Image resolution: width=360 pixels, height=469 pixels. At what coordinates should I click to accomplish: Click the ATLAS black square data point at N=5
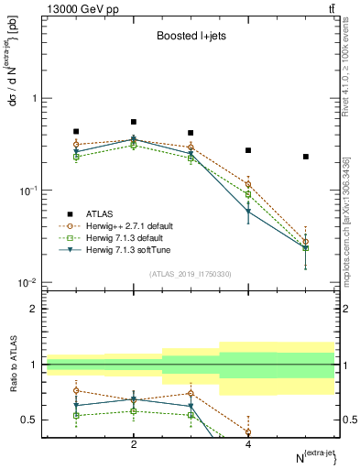pos(306,157)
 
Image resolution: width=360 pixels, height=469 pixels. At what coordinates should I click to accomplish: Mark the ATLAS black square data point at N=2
pos(134,122)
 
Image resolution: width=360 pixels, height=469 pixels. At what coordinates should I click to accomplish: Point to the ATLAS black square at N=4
pos(248,150)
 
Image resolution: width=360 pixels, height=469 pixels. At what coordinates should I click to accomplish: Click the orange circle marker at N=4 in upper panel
pos(248,184)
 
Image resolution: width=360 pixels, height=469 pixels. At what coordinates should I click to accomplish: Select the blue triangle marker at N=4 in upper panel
pos(248,212)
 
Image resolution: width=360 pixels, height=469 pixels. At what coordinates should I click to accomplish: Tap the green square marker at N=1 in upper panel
pos(76,157)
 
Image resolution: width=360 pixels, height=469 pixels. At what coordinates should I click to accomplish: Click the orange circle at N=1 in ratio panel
pos(76,391)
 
